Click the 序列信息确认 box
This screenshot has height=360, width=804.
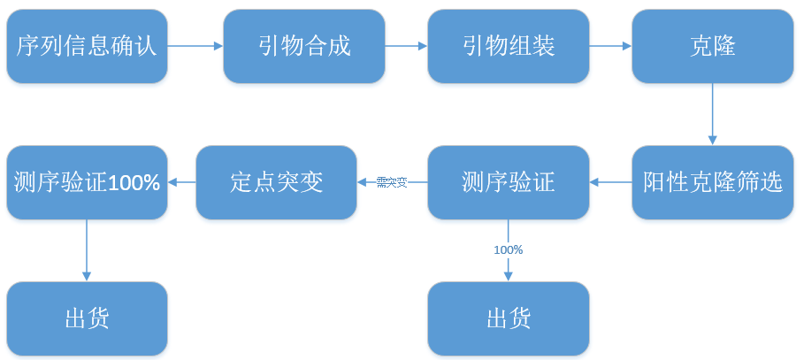(87, 46)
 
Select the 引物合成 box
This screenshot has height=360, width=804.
(304, 46)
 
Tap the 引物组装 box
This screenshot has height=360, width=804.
(509, 46)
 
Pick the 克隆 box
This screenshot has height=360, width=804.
(712, 46)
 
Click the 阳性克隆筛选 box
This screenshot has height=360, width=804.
(712, 183)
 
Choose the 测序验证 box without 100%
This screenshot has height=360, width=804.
(509, 183)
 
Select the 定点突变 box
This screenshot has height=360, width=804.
(276, 183)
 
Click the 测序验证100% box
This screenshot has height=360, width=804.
(87, 183)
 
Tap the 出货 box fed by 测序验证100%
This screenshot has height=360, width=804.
(87, 318)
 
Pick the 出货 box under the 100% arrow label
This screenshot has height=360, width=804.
(509, 318)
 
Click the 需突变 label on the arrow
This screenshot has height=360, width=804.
(392, 183)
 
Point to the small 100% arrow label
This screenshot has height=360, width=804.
(509, 250)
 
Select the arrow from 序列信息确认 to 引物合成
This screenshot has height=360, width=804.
(195, 46)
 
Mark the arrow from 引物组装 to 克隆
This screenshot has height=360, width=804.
(610, 46)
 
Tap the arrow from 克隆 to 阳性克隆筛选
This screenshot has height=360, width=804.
(712, 113)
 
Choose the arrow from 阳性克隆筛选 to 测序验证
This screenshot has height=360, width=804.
(610, 183)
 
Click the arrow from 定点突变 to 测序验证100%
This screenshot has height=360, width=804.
(181, 183)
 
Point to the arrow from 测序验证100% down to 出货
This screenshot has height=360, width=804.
(87, 250)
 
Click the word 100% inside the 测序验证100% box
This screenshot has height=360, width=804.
(135, 183)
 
